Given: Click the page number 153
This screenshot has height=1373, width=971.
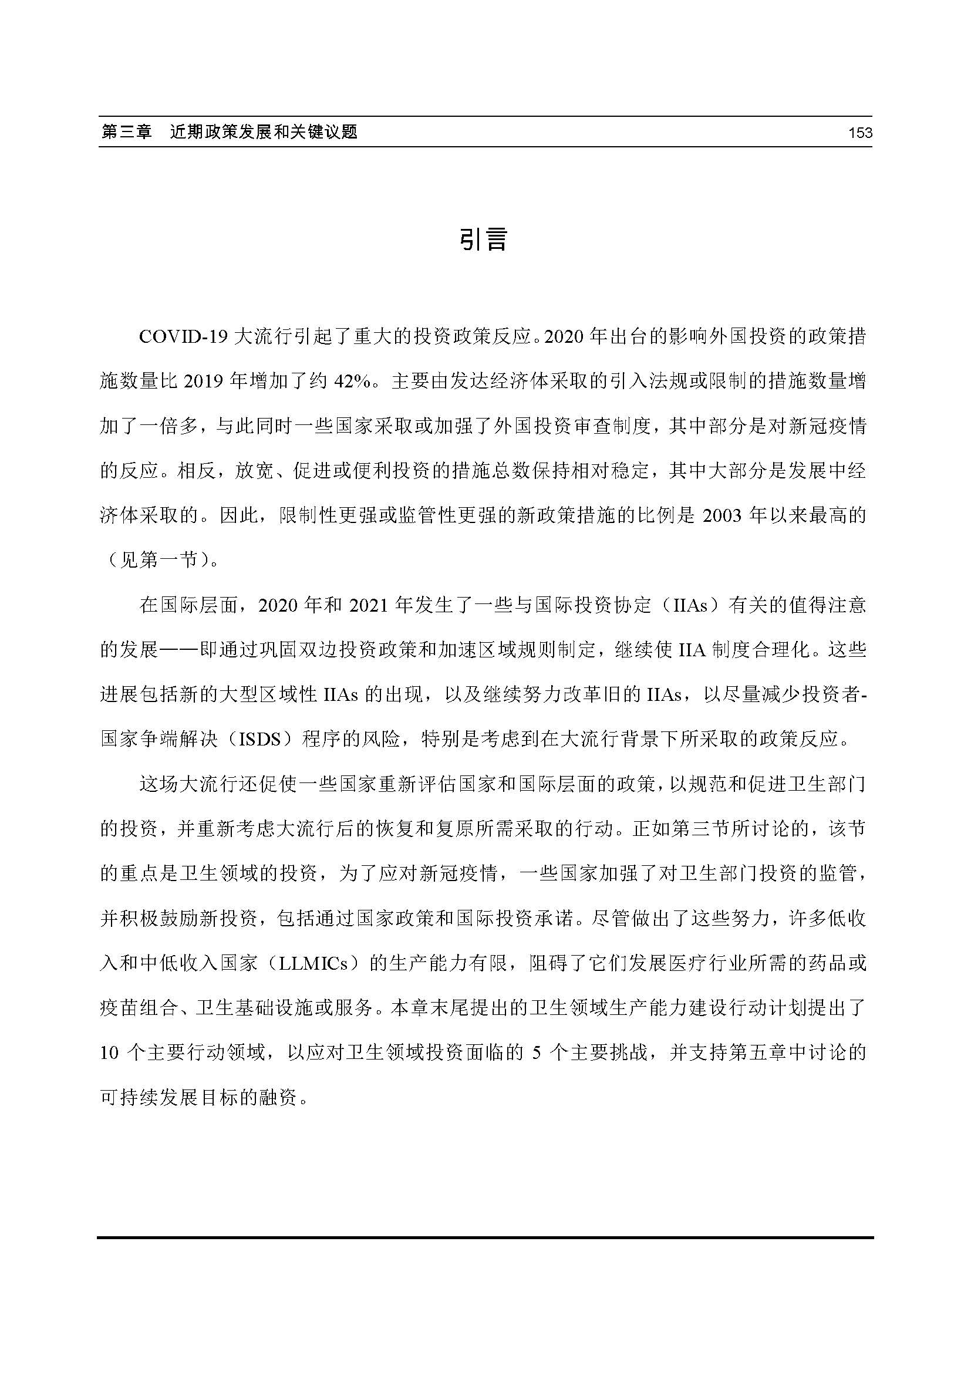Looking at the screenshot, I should (x=860, y=133).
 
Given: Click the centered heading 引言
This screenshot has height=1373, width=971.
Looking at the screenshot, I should (x=484, y=239).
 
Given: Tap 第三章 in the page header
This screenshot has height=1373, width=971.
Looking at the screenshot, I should (x=127, y=132).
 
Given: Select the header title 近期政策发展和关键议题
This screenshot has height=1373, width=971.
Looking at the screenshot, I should (x=264, y=132).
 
